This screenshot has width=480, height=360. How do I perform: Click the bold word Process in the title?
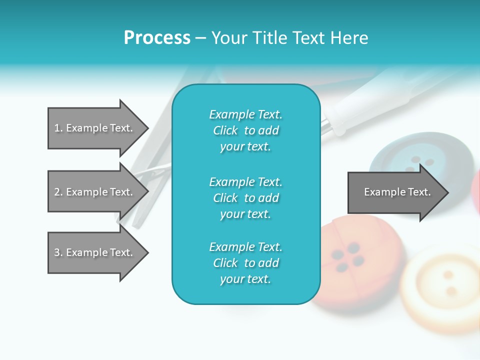[x=157, y=38]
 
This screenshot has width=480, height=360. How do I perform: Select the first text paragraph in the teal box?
[x=245, y=130]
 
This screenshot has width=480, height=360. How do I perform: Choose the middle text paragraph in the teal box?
[x=245, y=198]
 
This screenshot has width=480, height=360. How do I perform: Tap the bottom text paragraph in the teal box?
[x=245, y=263]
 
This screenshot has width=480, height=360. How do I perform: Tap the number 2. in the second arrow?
[x=58, y=192]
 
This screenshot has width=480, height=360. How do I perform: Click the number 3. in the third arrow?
[x=58, y=252]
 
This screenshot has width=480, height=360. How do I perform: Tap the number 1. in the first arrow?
[x=58, y=128]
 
